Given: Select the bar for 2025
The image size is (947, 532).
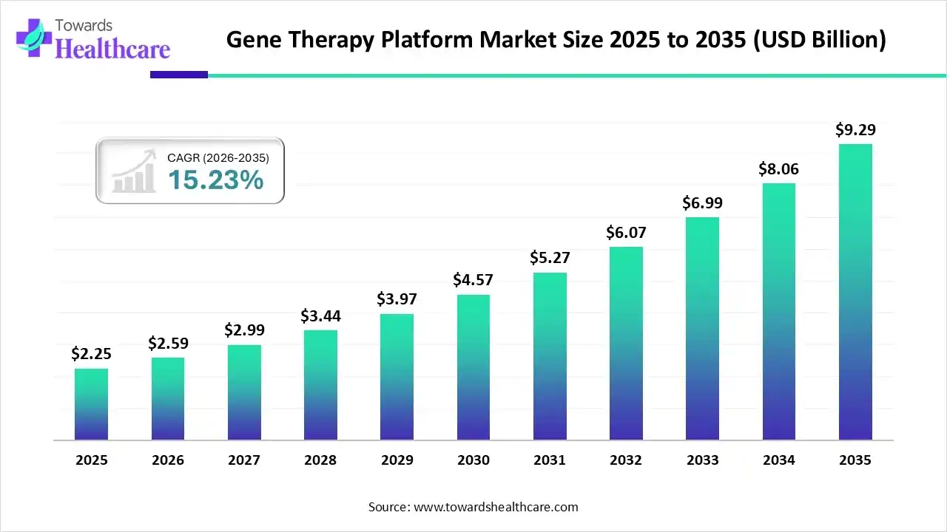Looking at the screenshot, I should [91, 404].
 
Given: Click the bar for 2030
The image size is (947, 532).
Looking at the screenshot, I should [473, 367].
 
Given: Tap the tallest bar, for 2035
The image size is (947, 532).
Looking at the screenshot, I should [855, 292].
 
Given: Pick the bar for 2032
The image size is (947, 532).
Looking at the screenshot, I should [626, 343].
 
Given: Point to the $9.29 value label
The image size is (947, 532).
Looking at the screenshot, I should [855, 130].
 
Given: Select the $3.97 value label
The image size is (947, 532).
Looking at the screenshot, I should [397, 299].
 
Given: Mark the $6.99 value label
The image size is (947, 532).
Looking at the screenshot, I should [702, 202].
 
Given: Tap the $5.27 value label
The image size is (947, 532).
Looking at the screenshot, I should [550, 258].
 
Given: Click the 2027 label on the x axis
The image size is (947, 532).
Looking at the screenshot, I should [244, 460].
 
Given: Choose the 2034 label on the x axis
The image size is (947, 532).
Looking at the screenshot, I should [779, 460].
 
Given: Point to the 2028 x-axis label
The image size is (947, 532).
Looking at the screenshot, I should [320, 460].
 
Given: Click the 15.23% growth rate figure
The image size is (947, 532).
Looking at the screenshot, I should [215, 180].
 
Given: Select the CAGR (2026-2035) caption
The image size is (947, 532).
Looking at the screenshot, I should [218, 157].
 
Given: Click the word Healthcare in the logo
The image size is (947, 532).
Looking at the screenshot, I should [112, 49].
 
